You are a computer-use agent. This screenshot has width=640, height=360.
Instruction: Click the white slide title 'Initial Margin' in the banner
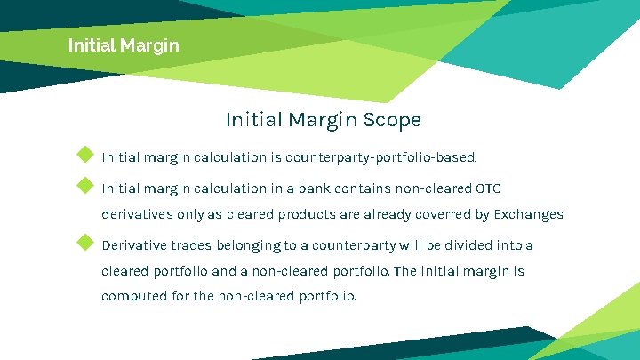coord(124,44)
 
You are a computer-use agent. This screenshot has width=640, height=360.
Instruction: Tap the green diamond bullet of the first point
coord(85,155)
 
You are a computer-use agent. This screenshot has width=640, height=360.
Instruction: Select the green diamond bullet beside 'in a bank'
coord(85,185)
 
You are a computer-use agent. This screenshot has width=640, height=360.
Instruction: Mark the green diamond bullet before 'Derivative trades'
coord(85,242)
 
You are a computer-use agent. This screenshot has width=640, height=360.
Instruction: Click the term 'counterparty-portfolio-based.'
coord(381,158)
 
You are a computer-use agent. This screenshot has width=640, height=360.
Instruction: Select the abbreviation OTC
coord(489,188)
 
